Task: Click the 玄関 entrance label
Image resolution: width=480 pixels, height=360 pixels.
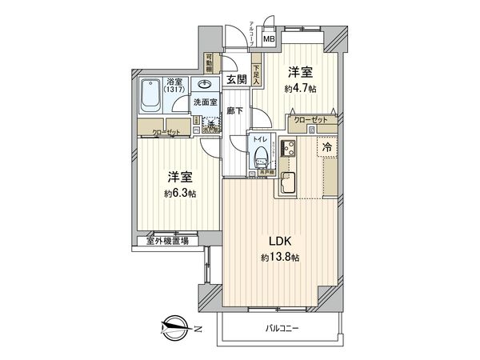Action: [235, 78]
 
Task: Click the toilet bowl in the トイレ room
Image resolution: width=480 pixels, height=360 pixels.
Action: [258, 161]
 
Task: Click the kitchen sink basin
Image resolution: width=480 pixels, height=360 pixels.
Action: [289, 182]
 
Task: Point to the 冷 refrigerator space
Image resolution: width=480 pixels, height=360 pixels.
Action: [328, 147]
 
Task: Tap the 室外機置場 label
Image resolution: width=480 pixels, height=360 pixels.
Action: [167, 239]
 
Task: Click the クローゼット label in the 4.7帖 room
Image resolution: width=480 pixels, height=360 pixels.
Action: [310, 119]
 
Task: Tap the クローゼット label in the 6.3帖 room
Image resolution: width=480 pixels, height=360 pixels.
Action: [166, 131]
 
